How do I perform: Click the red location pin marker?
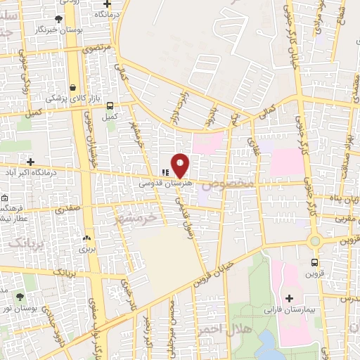[181, 166]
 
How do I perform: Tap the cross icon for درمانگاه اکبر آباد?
[30, 162]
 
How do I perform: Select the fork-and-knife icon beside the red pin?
[165, 171]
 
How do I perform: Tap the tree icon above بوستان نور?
[20, 297]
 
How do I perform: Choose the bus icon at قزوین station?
[314, 264]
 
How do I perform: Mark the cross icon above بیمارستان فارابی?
[289, 298]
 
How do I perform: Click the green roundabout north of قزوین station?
[314, 241]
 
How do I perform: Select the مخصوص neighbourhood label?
[226, 186]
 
